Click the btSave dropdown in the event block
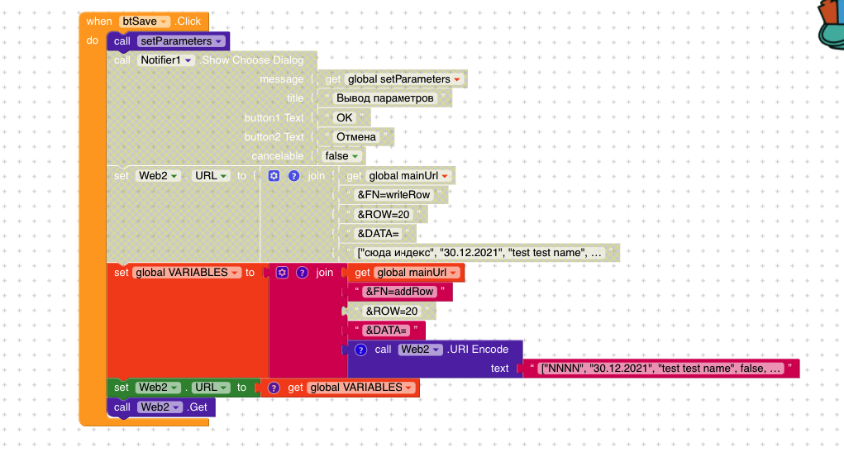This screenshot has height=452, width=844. pos(145,21)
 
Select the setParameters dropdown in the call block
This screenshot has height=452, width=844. pos(181,40)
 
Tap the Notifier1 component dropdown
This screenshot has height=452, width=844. pos(165,60)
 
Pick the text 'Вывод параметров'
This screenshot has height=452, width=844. pos(384,98)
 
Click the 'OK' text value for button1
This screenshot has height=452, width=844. pos(344,117)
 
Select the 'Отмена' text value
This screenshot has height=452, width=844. pos(356,136)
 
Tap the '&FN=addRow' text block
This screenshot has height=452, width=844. pos(398,292)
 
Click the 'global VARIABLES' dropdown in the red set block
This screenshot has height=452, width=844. pos(187,273)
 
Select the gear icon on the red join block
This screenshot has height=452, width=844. pos(281,273)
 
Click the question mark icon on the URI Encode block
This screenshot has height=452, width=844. pos(360,350)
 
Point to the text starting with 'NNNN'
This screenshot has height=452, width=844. pos(660,369)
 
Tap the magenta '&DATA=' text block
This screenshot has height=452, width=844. pos(385,331)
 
